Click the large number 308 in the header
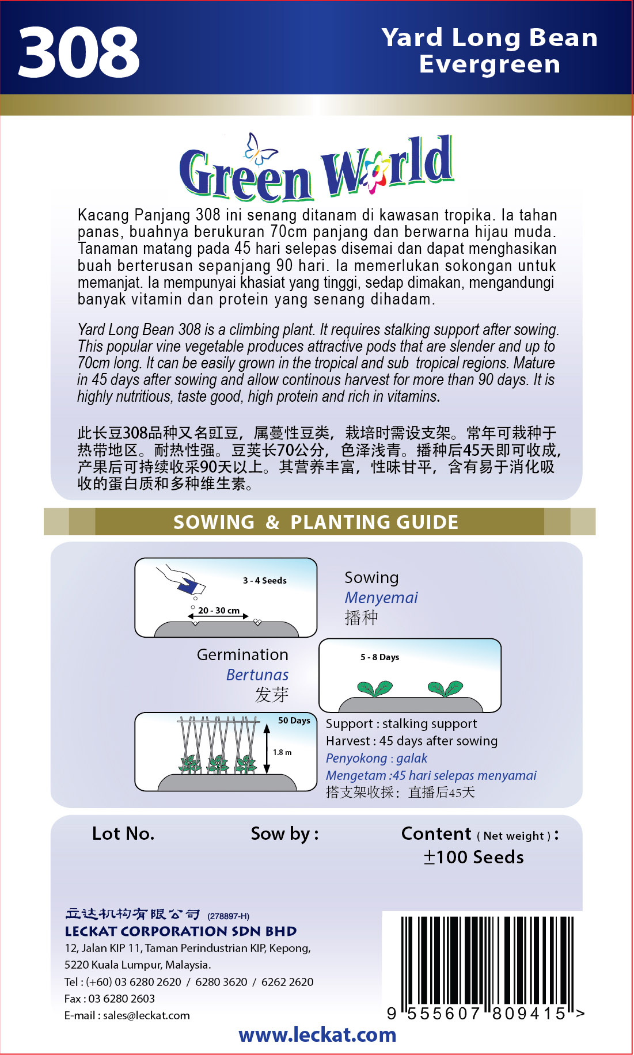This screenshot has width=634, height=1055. (78, 53)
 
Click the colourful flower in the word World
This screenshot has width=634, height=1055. (375, 173)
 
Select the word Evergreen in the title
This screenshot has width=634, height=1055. (489, 64)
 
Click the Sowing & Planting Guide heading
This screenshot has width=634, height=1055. (316, 522)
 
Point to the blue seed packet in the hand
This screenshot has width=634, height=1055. (191, 586)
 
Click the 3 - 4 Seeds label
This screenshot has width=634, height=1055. (264, 580)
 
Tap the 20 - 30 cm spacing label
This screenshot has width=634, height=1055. (219, 610)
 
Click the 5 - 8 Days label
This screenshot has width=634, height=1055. (379, 657)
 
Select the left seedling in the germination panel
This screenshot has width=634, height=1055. (374, 688)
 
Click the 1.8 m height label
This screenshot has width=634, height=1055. (282, 752)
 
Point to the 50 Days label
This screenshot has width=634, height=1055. (294, 720)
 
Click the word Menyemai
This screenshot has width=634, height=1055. (381, 597)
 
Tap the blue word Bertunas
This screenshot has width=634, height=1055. (257, 675)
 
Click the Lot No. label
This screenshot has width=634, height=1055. (123, 833)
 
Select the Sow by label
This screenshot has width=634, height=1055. (284, 833)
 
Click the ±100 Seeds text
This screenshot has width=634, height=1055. (473, 857)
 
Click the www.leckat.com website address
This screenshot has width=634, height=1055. (317, 1035)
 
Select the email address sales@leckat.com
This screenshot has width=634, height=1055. (146, 1015)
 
